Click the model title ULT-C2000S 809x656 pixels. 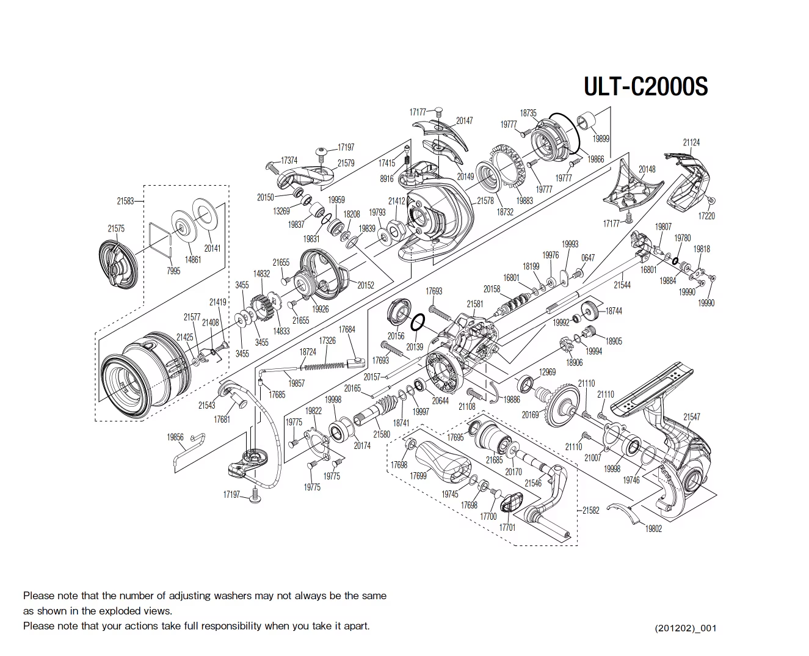(x=645, y=87)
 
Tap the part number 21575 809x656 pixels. (x=116, y=228)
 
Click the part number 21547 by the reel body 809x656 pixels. (x=691, y=417)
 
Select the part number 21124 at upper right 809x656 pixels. (x=691, y=142)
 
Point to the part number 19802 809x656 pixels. (x=653, y=529)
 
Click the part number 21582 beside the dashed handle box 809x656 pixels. (x=590, y=510)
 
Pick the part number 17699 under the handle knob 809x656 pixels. (x=418, y=476)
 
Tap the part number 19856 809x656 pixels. (x=175, y=437)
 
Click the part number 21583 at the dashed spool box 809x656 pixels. (x=125, y=200)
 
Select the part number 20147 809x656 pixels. (x=464, y=121)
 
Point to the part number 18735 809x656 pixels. (x=528, y=113)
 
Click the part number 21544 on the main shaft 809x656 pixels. (x=622, y=285)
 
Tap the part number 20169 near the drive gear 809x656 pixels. (x=530, y=415)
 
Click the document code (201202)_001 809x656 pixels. (x=685, y=628)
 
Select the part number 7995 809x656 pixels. (x=173, y=271)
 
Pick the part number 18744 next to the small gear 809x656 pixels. (x=614, y=311)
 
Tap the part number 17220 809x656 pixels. (x=706, y=216)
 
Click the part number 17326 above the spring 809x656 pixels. (x=327, y=340)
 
